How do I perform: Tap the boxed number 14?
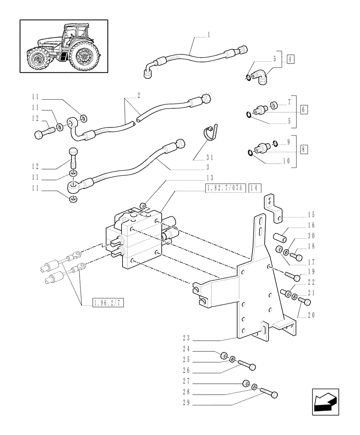point(255,188)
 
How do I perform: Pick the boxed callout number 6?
point(304,109)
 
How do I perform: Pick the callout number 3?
point(208,167)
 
